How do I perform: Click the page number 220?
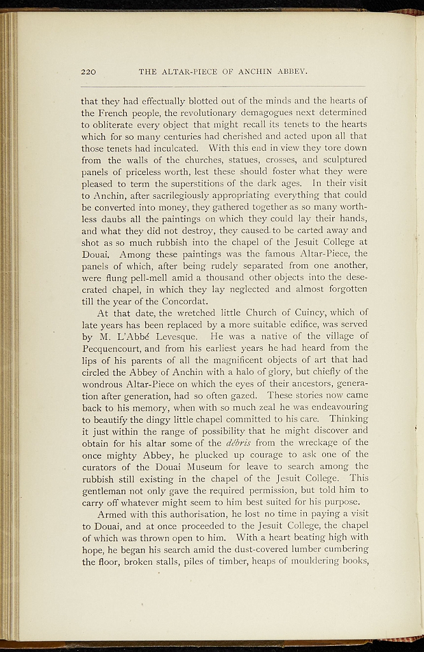point(88,71)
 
